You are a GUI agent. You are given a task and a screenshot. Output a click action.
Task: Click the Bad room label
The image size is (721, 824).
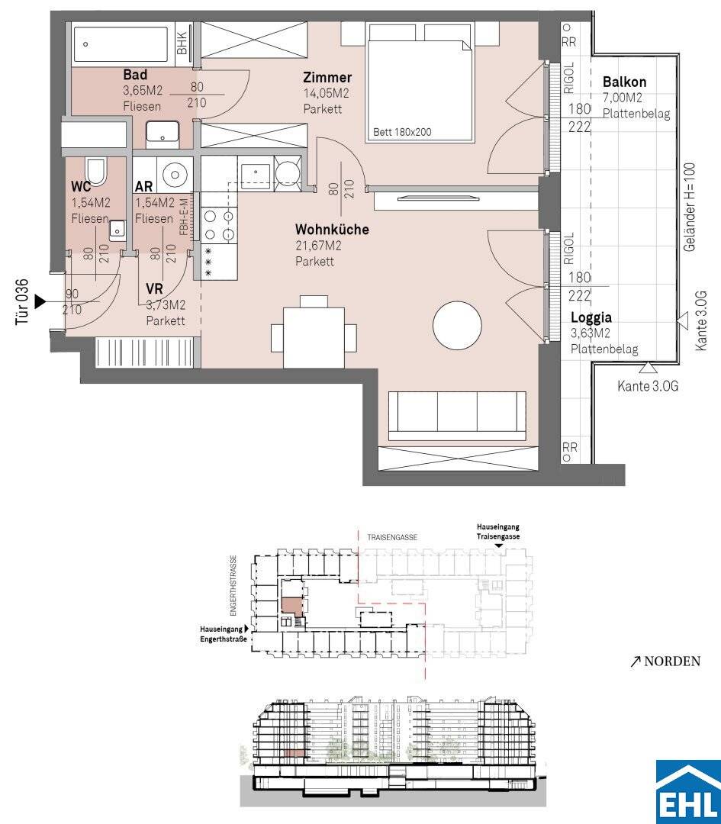(x=135, y=75)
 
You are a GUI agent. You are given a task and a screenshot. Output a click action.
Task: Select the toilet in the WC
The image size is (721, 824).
(x=95, y=172)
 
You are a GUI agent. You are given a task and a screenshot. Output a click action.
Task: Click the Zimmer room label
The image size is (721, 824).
(x=327, y=77)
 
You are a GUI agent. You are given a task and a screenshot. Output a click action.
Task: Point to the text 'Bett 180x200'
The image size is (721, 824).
(x=402, y=132)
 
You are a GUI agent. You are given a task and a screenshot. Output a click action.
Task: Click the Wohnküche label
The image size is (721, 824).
(x=332, y=230)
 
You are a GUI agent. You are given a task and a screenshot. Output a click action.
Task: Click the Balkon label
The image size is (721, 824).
(x=624, y=82)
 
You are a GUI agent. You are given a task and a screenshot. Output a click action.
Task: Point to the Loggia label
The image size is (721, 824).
(x=591, y=317)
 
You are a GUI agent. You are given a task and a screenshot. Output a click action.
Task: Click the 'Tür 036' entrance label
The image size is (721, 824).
(x=21, y=301)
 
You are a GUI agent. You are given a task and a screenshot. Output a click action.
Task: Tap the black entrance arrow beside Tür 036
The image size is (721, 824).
(x=40, y=301)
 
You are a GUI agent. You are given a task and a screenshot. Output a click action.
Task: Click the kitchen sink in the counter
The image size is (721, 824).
(x=256, y=173)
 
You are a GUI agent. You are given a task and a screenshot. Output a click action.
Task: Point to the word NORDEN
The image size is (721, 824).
(x=672, y=661)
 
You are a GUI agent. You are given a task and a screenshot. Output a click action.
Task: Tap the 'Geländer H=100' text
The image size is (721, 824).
(x=690, y=207)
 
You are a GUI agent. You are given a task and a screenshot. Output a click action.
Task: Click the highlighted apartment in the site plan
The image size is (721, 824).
(x=291, y=605)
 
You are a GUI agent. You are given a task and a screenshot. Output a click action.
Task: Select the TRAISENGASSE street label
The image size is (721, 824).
(x=392, y=538)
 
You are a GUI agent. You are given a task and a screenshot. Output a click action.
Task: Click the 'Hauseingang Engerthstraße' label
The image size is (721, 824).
(x=224, y=634)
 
